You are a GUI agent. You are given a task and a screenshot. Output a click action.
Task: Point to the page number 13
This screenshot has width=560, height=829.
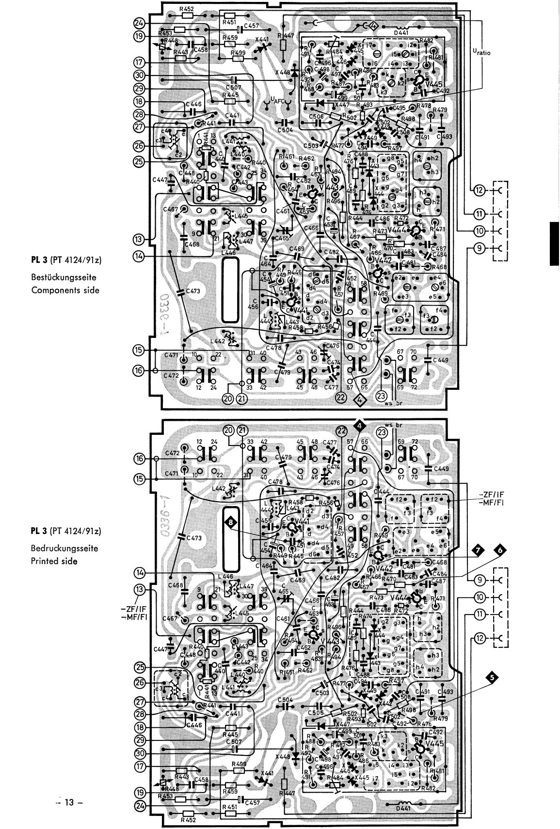point(70,802)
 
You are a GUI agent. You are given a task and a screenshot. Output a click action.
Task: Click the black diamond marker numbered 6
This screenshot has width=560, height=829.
point(499,549)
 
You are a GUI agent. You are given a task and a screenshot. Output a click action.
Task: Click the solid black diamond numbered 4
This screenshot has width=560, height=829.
point(359,426)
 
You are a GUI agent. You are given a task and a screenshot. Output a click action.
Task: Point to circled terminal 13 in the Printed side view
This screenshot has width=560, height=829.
point(140,589)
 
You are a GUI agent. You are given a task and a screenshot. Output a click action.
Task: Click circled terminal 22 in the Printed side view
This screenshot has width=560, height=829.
point(342,430)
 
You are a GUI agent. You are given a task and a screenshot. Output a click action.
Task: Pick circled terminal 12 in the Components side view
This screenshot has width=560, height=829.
point(479,190)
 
